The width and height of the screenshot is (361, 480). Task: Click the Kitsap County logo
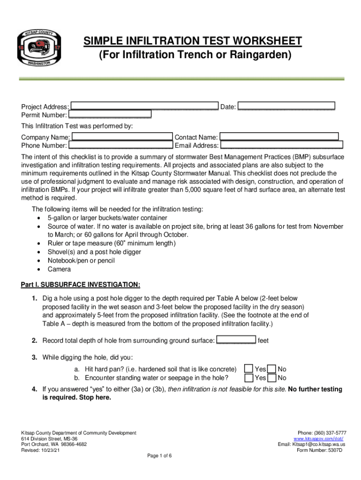click(39, 50)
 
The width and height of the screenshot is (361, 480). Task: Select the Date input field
click(286, 106)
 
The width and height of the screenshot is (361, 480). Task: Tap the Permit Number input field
click(110, 114)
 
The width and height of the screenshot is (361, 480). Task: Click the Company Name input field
click(122, 137)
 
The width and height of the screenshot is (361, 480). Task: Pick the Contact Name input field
click(279, 137)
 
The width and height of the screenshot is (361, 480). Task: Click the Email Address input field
click(281, 145)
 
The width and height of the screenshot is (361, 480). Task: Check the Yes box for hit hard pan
click(249, 369)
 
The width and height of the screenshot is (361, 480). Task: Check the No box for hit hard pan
click(271, 369)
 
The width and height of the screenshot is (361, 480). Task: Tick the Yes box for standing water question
click(249, 378)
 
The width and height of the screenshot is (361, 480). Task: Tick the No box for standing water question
click(271, 378)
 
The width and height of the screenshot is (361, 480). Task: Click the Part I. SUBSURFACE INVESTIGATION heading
click(80, 285)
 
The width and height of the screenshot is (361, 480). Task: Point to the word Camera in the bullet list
click(59, 269)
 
